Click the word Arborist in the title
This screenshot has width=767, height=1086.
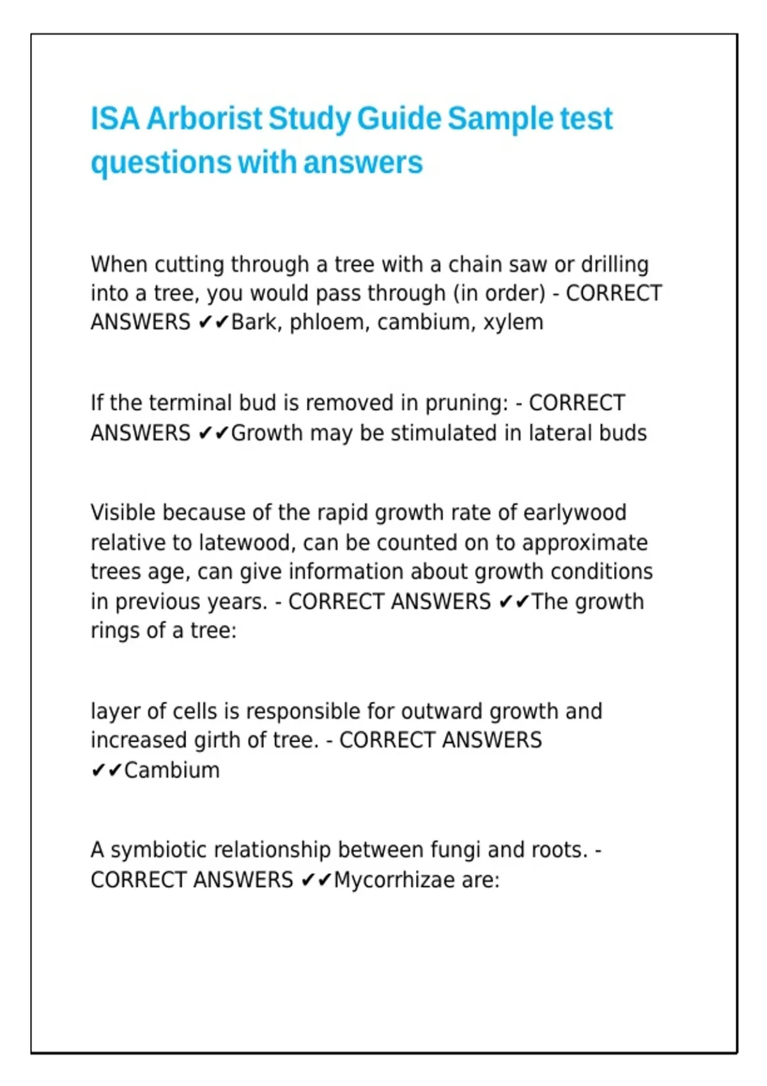pos(204,119)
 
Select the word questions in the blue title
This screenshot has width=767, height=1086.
pos(160,163)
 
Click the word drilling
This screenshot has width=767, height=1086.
pos(614,264)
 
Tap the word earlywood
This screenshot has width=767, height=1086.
pos(575,512)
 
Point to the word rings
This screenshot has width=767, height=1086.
pos(115,631)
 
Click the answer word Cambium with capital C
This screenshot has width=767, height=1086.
pos(172,770)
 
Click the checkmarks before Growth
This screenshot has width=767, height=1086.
pos(213,434)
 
